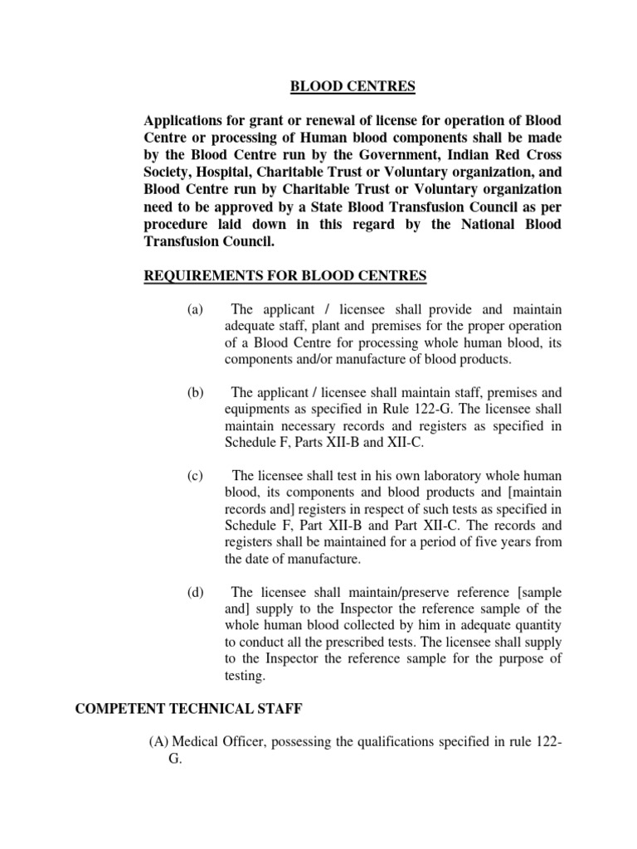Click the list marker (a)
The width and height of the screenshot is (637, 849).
tap(195, 309)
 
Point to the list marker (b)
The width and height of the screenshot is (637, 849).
tap(195, 393)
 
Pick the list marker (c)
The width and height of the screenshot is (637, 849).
tap(195, 476)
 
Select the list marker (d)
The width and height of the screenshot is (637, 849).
tap(195, 592)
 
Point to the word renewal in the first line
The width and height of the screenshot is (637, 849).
tap(309, 119)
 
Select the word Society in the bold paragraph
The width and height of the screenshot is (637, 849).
tap(172, 172)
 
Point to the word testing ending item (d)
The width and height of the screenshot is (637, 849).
tap(246, 676)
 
